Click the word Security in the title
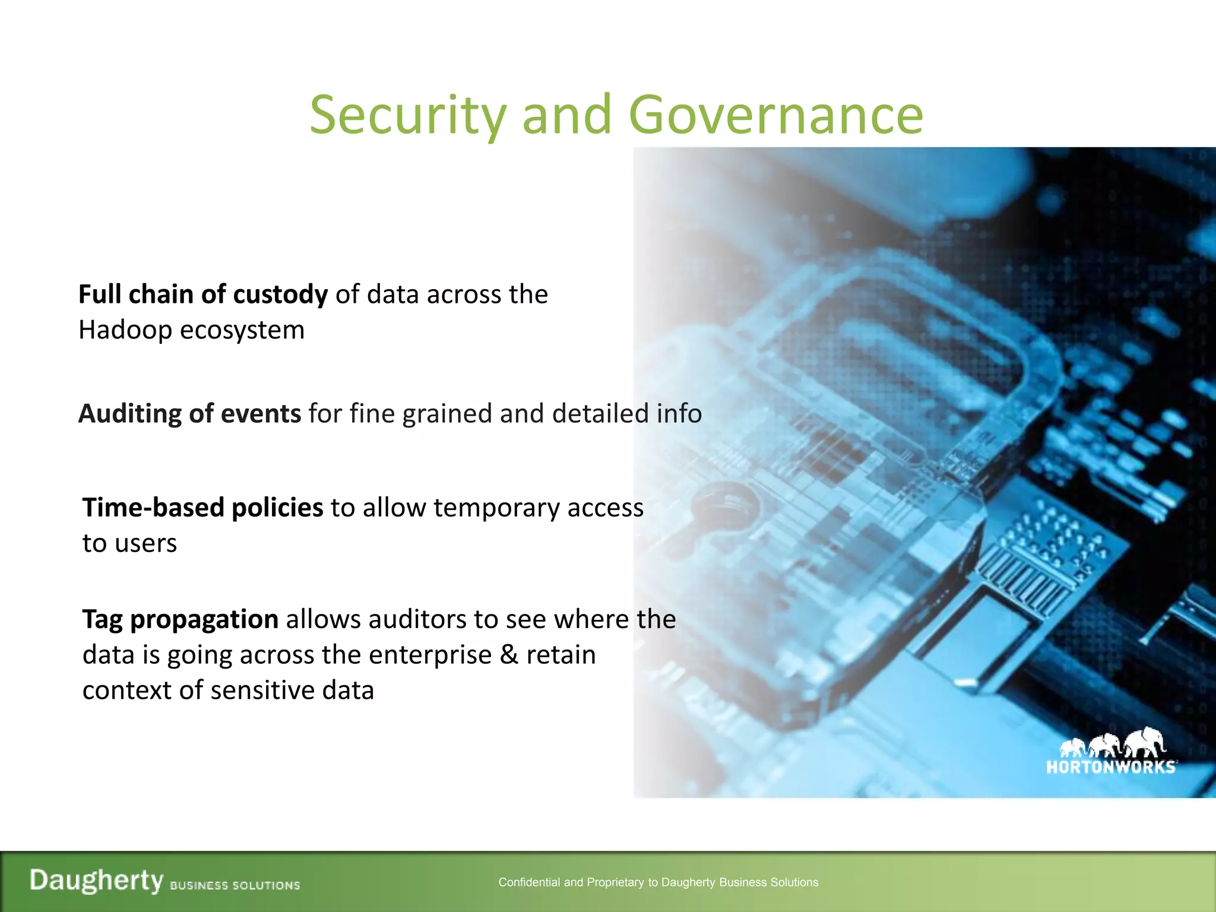click(408, 115)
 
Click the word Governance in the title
click(775, 115)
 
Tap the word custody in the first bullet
click(280, 295)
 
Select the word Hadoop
click(125, 330)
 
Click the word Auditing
click(129, 414)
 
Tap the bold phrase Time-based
click(153, 508)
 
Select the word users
click(150, 544)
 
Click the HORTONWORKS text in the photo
click(1110, 767)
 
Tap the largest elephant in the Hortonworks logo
click(1144, 742)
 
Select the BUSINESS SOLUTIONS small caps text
click(235, 885)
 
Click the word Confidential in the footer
click(528, 882)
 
